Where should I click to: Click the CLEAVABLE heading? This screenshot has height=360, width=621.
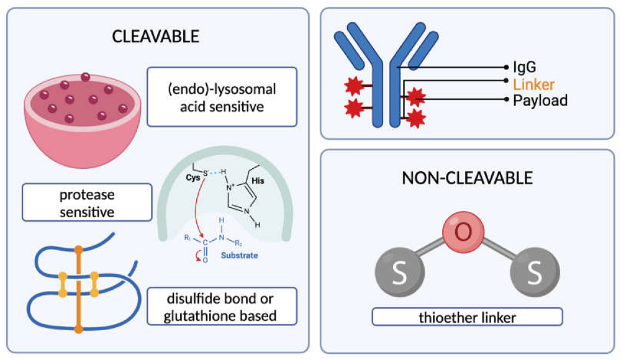click(x=155, y=36)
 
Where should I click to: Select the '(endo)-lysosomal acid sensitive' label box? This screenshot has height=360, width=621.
click(x=222, y=97)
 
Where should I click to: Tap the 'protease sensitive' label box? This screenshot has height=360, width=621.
click(x=87, y=202)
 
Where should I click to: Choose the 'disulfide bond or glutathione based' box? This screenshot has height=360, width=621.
click(x=222, y=306)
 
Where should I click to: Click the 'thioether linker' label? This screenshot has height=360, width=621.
click(x=467, y=317)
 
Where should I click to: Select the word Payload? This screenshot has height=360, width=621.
click(x=540, y=100)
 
